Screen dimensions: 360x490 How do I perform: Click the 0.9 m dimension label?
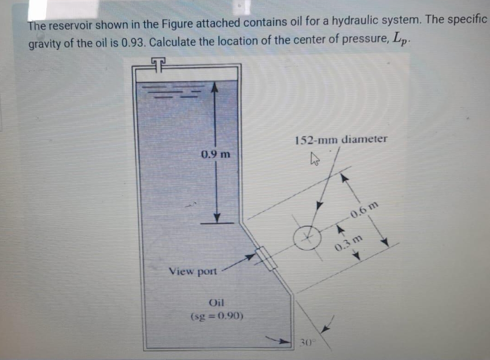pos(216,153)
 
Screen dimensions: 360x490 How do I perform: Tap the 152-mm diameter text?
pos(341,139)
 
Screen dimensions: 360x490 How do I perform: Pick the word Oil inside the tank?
pos(216,302)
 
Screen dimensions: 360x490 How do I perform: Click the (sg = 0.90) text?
pos(216,317)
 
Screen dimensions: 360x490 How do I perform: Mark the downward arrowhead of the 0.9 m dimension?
pos(217,216)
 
